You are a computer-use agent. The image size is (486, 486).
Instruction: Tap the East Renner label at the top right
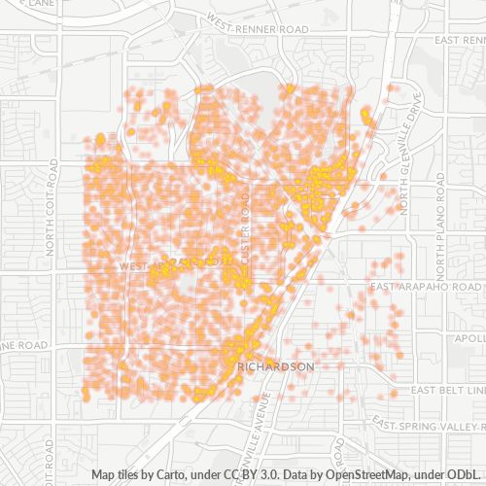(x=460, y=40)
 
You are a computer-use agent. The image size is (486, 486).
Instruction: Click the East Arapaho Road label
(x=426, y=287)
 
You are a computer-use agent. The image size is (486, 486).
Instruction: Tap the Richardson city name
(x=277, y=366)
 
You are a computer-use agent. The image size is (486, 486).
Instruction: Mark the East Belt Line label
(x=446, y=390)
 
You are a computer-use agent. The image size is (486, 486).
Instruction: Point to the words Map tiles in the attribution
(x=118, y=475)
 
